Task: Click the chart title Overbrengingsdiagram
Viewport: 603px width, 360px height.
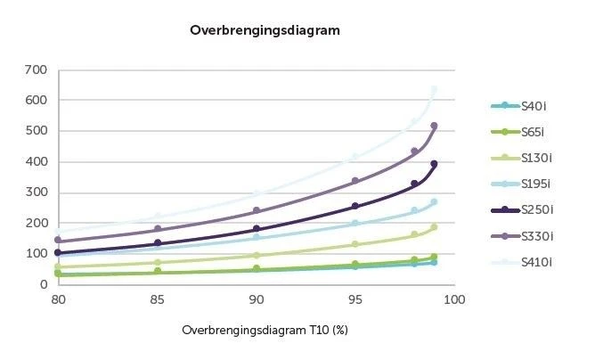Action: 265,30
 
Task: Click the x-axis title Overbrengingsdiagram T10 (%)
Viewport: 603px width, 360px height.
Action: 264,330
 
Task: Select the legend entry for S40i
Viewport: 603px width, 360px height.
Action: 532,106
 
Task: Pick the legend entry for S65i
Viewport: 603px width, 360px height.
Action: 532,132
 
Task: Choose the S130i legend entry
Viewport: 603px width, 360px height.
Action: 534,158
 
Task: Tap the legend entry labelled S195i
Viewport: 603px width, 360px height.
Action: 534,184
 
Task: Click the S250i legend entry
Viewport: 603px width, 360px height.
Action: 534,209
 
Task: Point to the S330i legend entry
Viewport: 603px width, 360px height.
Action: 534,235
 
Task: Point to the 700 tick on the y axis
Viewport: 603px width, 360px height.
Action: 36,70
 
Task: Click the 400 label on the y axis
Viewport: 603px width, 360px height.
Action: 36,161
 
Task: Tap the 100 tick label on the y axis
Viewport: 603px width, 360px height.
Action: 36,254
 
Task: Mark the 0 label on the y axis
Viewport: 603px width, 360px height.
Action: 43,284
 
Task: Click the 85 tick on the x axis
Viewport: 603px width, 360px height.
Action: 158,299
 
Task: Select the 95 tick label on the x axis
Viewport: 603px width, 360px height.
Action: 355,299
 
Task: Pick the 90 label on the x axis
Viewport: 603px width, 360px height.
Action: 257,299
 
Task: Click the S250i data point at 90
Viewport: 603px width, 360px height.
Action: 257,230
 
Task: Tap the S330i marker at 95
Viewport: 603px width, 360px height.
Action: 355,181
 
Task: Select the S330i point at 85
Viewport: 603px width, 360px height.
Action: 158,229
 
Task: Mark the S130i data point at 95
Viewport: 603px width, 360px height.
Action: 355,244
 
